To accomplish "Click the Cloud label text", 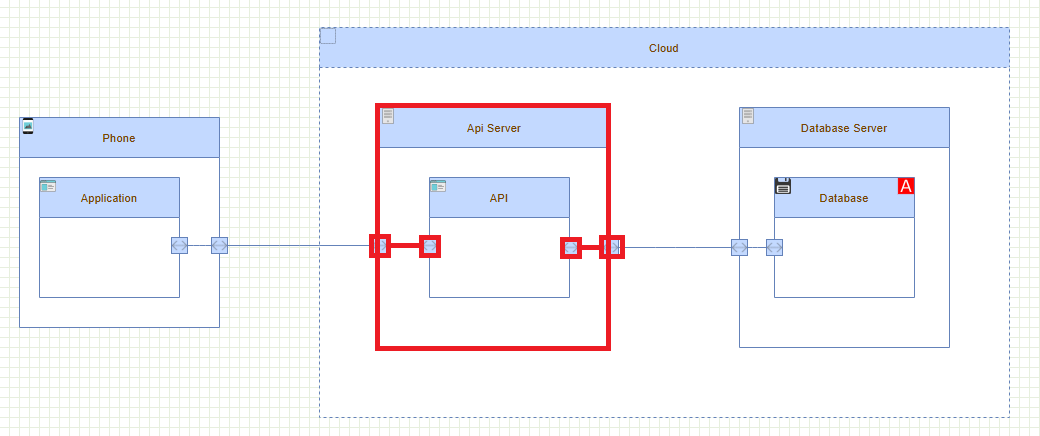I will [x=663, y=48].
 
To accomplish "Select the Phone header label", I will [x=118, y=138].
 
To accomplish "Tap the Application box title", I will [x=109, y=198].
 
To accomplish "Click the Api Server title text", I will [x=493, y=128].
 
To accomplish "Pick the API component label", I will [x=499, y=198].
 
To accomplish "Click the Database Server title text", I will [x=843, y=128].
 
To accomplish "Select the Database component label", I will [x=843, y=198].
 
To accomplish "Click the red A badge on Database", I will [x=906, y=186].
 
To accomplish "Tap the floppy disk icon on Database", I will [x=783, y=186].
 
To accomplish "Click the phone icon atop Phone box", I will [x=28, y=125].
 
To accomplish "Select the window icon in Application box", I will [x=48, y=186].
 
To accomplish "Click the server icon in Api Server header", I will [x=388, y=116].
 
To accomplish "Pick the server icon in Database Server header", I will [x=748, y=116].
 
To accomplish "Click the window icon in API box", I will [x=438, y=186].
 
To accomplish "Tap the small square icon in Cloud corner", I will [x=328, y=36].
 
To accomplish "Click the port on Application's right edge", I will [x=179, y=245].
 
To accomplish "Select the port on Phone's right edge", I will [x=219, y=245].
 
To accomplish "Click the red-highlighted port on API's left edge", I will [x=430, y=246].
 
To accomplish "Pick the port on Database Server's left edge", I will [x=739, y=247].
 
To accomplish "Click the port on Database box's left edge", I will [x=774, y=247].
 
